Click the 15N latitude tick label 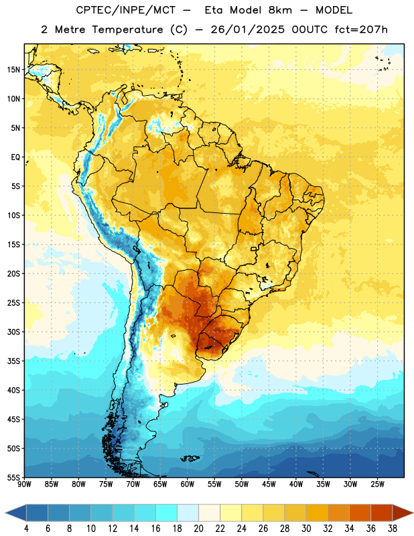(x=14, y=70)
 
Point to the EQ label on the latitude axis (x=16, y=157)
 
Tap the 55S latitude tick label (x=14, y=477)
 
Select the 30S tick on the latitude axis (x=14, y=332)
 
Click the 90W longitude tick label (x=24, y=484)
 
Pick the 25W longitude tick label (x=377, y=484)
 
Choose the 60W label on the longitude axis (x=188, y=484)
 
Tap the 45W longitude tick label (x=269, y=484)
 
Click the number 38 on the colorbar (x=393, y=529)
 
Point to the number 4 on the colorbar (x=26, y=529)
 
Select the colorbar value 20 (x=198, y=529)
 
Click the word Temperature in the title (x=127, y=29)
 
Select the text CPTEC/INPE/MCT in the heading (x=125, y=10)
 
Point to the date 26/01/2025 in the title (x=247, y=29)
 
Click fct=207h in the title (x=361, y=29)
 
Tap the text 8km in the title (x=280, y=10)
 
